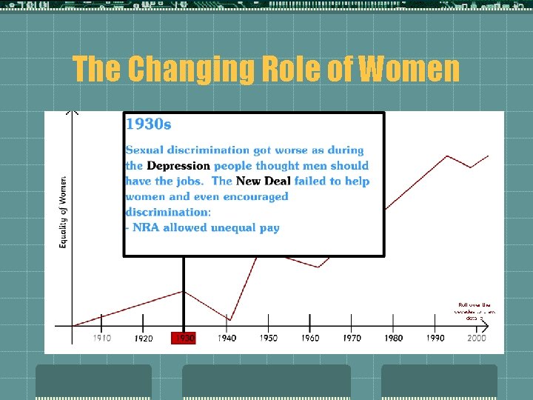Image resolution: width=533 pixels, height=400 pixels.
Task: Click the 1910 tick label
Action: pyautogui.click(x=102, y=338)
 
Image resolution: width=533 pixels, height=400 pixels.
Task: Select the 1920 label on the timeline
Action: pyautogui.click(x=144, y=339)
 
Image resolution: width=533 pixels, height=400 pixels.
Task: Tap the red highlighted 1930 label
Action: pyautogui.click(x=184, y=339)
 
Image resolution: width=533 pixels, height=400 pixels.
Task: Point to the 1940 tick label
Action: pyautogui.click(x=227, y=338)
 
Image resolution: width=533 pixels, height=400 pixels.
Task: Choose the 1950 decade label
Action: pyautogui.click(x=269, y=338)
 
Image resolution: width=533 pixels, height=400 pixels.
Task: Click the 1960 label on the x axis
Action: pyautogui.click(x=310, y=338)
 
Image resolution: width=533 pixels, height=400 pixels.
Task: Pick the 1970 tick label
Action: pyautogui.click(x=352, y=338)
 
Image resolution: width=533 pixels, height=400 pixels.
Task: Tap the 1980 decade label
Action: pyautogui.click(x=394, y=338)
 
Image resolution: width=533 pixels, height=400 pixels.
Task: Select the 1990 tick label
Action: pyautogui.click(x=435, y=338)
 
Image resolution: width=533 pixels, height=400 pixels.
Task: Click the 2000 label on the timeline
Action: pyautogui.click(x=477, y=338)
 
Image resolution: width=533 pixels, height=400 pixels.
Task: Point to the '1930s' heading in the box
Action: pyautogui.click(x=149, y=124)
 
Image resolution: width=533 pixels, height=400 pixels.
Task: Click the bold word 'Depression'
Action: pyautogui.click(x=178, y=166)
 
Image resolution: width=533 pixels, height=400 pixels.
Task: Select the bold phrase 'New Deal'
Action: pyautogui.click(x=263, y=181)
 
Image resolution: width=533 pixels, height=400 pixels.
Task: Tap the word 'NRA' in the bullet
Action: pyautogui.click(x=146, y=228)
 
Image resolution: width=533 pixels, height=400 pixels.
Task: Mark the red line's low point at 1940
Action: pyautogui.click(x=229, y=320)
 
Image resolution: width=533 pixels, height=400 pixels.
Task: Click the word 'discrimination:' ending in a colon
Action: pyautogui.click(x=168, y=213)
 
